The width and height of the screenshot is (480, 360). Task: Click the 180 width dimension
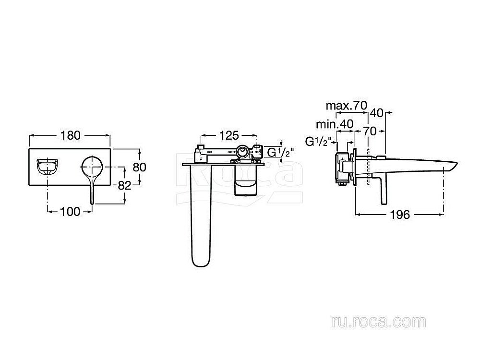pos(71,135)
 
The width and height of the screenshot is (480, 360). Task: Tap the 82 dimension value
pos(124,185)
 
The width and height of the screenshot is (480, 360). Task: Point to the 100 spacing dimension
pos(71,212)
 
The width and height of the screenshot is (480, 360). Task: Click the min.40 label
pos(335,124)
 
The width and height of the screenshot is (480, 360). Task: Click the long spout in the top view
pos(200,216)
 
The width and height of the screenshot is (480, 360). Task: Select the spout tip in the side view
pos(451,168)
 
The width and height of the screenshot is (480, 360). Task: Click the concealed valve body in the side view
pos(342,168)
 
